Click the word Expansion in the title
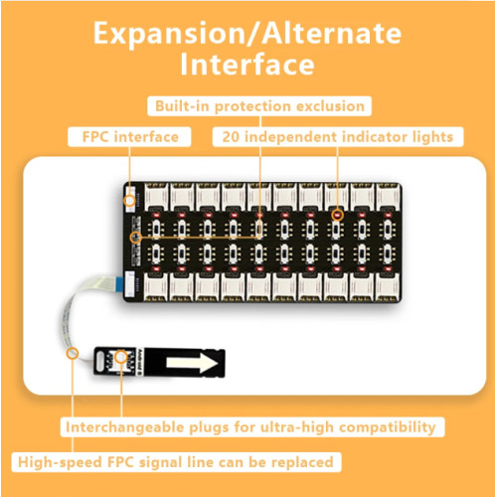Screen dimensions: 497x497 [168, 35]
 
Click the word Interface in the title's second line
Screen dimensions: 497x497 [248, 65]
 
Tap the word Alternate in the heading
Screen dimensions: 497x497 [332, 33]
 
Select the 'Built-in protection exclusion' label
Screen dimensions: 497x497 [259, 106]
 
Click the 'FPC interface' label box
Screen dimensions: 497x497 [129, 137]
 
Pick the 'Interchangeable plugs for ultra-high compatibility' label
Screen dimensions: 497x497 [252, 426]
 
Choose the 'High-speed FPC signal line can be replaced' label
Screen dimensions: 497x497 [176, 462]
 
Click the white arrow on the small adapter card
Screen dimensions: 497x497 [192, 363]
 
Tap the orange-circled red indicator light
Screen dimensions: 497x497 [337, 216]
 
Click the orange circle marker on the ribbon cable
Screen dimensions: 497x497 [73, 353]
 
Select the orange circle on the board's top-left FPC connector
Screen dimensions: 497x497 [129, 201]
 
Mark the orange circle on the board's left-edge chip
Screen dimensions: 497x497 [136, 238]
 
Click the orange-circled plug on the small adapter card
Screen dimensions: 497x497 [121, 357]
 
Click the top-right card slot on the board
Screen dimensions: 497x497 [388, 197]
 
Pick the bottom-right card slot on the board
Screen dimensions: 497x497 [388, 287]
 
